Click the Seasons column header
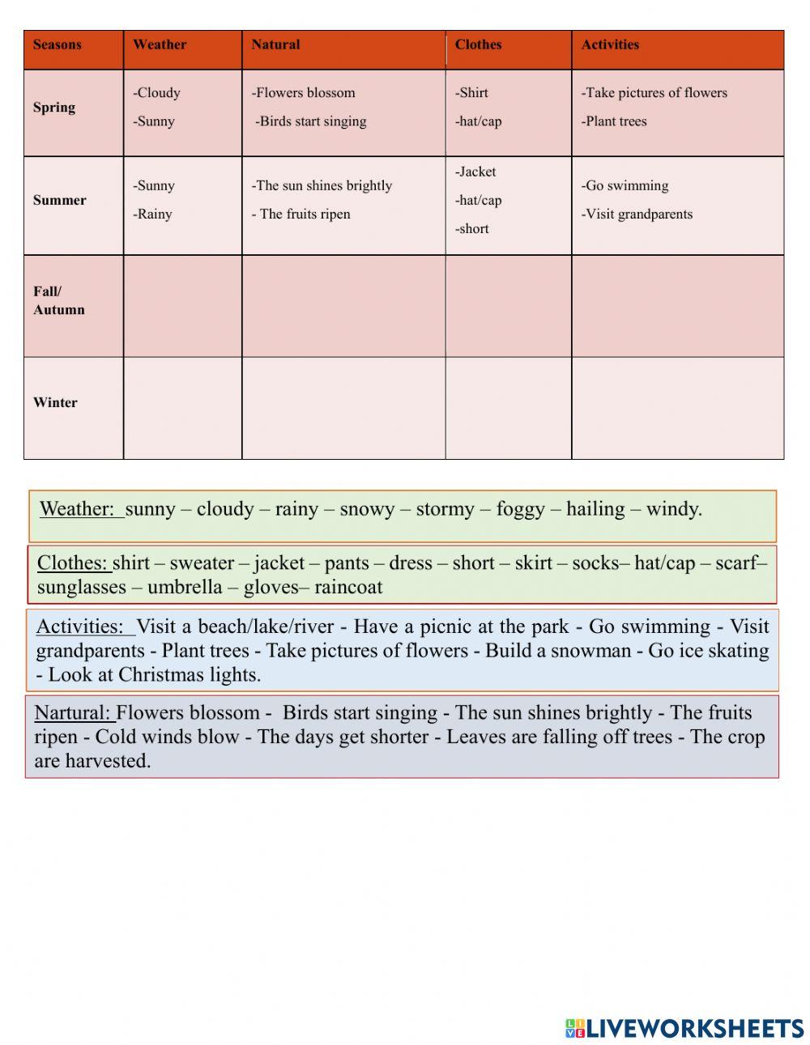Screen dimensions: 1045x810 click(x=58, y=45)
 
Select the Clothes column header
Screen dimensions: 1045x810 click(x=478, y=45)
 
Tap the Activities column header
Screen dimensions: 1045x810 click(x=610, y=45)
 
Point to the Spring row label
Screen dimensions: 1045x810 click(x=54, y=108)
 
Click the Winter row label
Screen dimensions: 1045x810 click(x=55, y=402)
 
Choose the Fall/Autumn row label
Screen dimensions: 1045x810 click(x=58, y=300)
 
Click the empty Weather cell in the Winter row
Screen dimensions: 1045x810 click(x=182, y=408)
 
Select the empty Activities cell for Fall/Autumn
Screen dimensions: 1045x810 click(x=677, y=306)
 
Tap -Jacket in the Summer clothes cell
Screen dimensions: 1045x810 click(x=475, y=172)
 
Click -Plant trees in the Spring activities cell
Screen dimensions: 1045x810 click(x=614, y=121)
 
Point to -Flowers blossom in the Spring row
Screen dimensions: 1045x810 click(x=303, y=93)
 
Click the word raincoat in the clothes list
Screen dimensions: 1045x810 click(x=348, y=587)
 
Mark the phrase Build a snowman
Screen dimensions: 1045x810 click(x=557, y=651)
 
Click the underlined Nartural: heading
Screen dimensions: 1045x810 click(x=73, y=713)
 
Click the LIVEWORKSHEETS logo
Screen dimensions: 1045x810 click(x=684, y=1028)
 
